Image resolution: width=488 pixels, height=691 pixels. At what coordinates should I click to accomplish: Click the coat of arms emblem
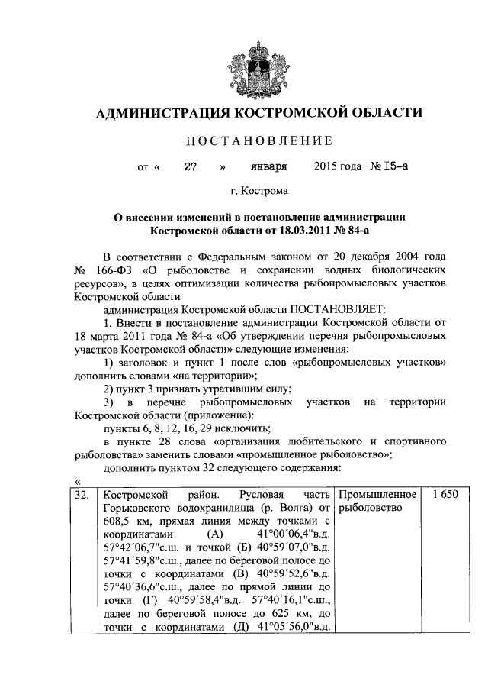click(243, 71)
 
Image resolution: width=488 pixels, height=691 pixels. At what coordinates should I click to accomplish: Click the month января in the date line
click(269, 165)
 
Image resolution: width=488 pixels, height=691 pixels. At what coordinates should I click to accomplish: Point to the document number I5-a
click(374, 165)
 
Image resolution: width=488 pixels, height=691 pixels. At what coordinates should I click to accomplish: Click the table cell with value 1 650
click(443, 496)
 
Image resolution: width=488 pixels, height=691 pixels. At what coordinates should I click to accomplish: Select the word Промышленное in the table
click(377, 496)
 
